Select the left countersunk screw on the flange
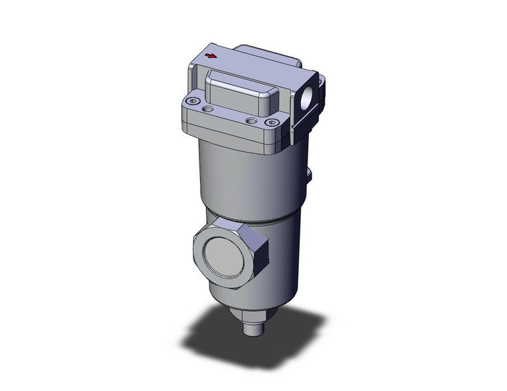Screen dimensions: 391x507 click(193, 101)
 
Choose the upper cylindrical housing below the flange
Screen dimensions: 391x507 click(247, 177)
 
